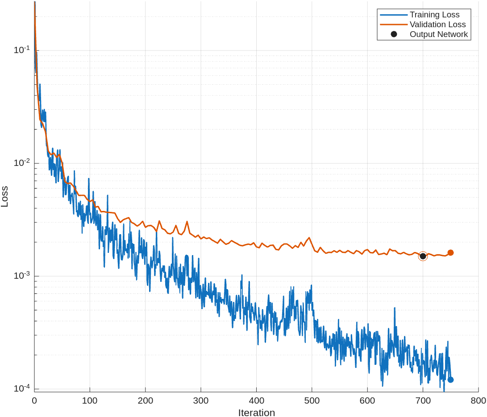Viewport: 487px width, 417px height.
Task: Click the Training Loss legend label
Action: pos(434,15)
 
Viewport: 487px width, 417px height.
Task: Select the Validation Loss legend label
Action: pos(437,25)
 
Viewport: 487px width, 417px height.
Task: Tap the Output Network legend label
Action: pos(439,34)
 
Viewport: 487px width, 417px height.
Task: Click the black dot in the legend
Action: pos(394,34)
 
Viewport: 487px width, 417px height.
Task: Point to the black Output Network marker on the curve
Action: pos(423,256)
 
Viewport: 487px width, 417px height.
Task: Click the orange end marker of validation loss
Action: pos(450,252)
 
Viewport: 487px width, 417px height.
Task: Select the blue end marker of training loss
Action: pos(450,380)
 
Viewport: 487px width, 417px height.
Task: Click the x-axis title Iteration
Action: pos(256,413)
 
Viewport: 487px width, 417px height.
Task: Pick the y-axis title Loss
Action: pos(5,197)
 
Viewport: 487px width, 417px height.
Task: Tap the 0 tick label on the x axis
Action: pos(34,400)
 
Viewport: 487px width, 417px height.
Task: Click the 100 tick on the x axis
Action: pos(90,400)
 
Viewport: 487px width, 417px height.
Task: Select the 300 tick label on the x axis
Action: pos(201,400)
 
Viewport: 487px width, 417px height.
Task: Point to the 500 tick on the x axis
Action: pos(312,400)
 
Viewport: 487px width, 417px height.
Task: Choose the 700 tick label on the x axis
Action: pos(423,400)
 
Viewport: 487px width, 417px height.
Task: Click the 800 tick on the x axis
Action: pos(479,400)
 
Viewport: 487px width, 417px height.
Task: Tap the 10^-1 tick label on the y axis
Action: pos(21,50)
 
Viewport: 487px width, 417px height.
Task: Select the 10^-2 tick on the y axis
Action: pos(21,162)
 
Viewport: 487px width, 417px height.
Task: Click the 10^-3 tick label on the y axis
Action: pos(21,275)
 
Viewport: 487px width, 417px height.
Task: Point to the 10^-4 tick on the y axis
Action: pos(21,388)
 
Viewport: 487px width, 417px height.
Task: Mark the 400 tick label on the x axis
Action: pos(256,400)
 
